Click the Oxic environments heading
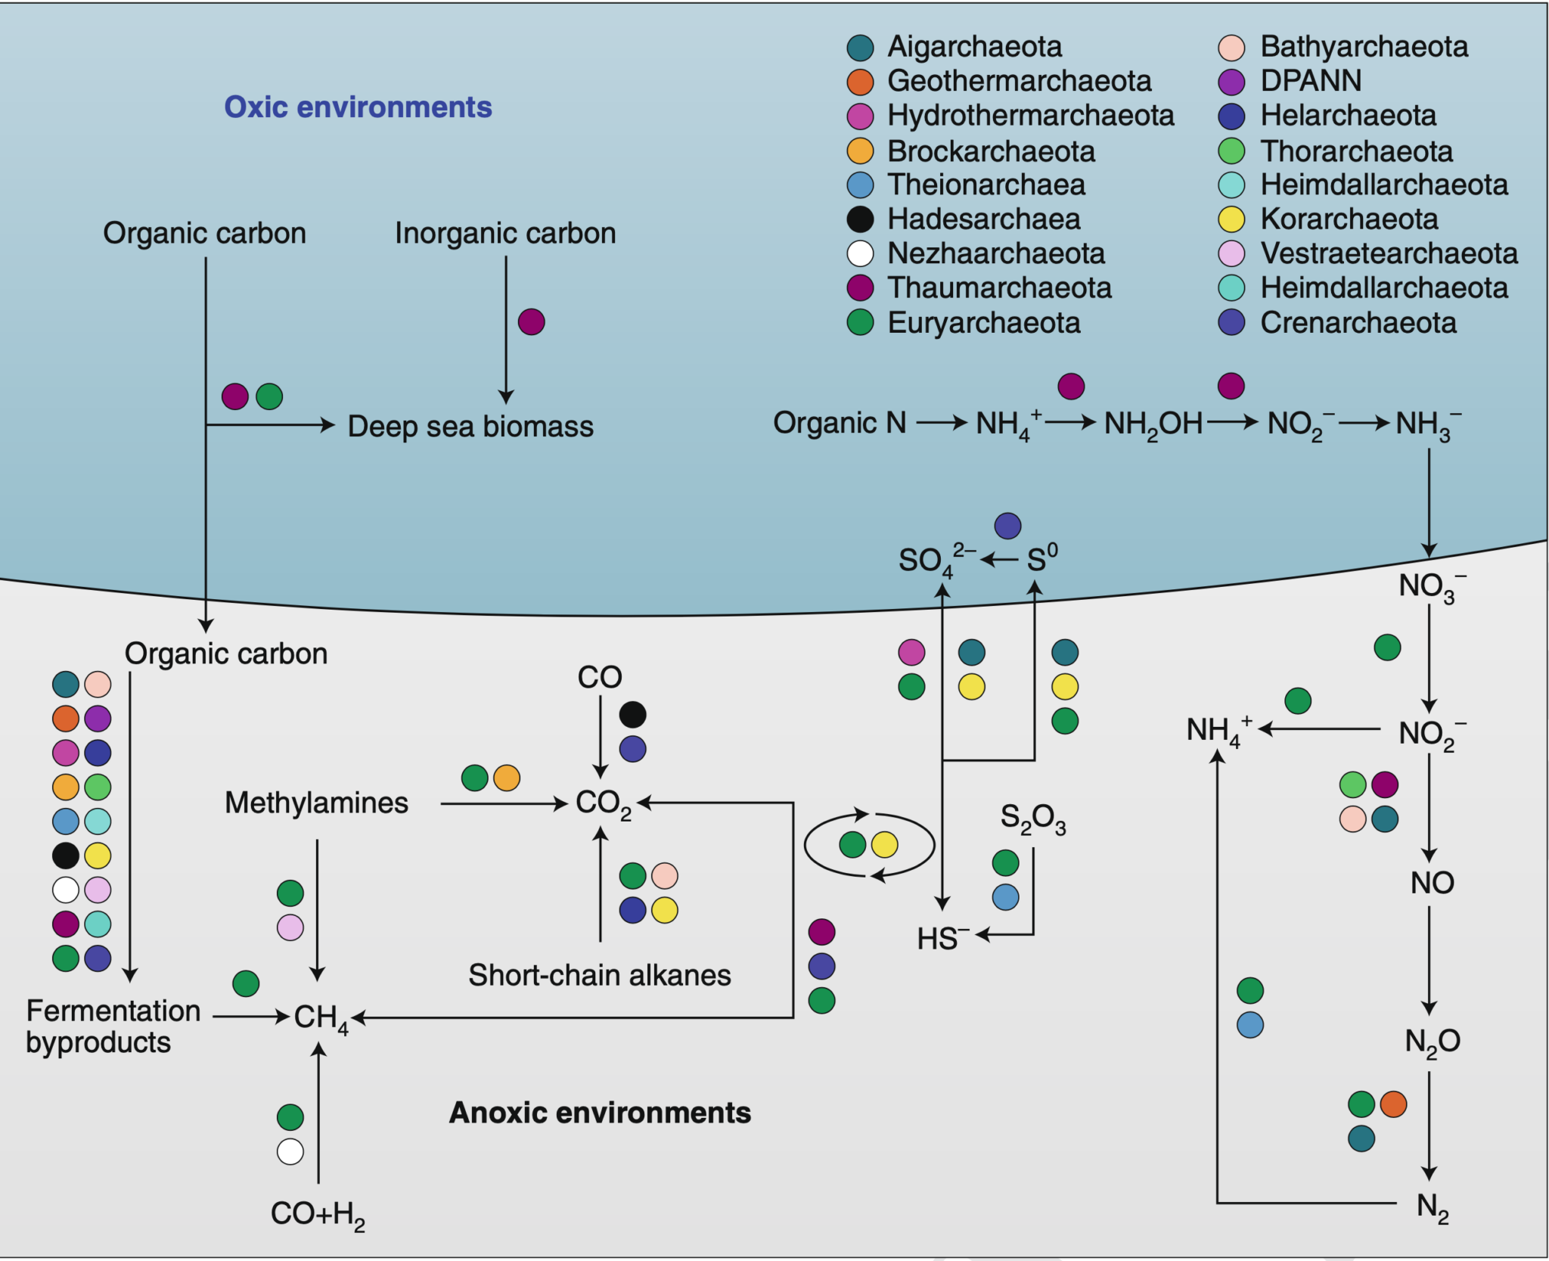[x=358, y=107]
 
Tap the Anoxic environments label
[x=600, y=1113]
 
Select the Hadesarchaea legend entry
[x=983, y=219]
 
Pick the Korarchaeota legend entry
[x=1349, y=219]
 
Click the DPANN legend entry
[x=1311, y=81]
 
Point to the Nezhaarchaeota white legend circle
[x=860, y=253]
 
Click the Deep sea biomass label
[x=470, y=427]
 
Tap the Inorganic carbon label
[x=505, y=233]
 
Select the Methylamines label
[x=316, y=803]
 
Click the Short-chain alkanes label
[x=599, y=975]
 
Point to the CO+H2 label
[x=318, y=1214]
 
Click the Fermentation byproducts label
[x=113, y=1027]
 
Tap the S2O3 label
[x=1032, y=818]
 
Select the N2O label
[x=1432, y=1042]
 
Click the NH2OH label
[x=1153, y=424]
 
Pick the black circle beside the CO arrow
[x=632, y=714]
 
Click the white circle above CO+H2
[x=290, y=1151]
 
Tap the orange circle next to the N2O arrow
[x=1393, y=1104]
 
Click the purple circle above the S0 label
[x=1007, y=525]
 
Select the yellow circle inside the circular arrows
[x=884, y=845]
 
